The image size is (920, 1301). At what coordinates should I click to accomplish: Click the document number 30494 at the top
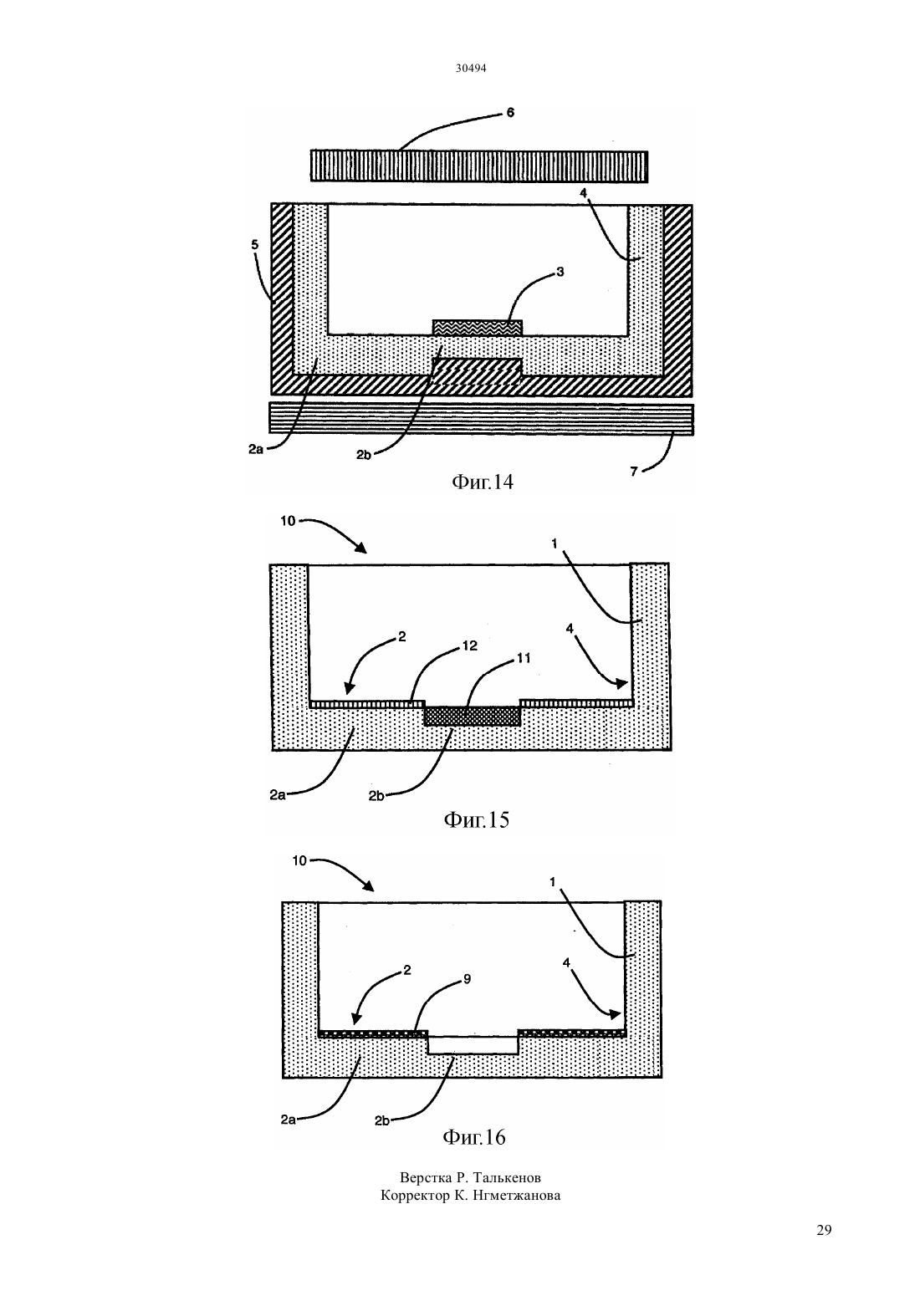(470, 68)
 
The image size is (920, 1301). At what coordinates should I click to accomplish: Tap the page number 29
(824, 1230)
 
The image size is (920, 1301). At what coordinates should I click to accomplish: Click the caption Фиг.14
(482, 482)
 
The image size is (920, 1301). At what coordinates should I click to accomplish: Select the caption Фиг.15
(476, 819)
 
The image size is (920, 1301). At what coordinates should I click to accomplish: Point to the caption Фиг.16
(474, 1136)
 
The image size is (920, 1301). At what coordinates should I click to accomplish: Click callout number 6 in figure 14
(510, 112)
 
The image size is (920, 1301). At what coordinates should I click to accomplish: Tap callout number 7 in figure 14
(634, 471)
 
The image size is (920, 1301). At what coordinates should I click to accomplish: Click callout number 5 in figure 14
(254, 244)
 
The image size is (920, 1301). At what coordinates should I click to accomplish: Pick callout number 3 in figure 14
(560, 271)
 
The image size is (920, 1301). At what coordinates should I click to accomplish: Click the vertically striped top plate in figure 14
(478, 166)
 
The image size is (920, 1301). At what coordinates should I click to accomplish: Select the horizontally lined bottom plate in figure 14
(481, 419)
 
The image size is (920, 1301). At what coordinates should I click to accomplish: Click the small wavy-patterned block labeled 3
(477, 327)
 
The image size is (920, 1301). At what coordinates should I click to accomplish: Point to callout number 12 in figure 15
(469, 645)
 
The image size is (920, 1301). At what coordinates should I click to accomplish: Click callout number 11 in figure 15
(524, 658)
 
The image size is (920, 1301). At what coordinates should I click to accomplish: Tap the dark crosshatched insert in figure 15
(472, 716)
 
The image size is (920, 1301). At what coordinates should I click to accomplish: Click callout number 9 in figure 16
(467, 978)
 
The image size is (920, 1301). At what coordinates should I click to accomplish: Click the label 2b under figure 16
(381, 1120)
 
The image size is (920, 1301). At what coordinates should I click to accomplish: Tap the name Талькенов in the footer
(507, 1178)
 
